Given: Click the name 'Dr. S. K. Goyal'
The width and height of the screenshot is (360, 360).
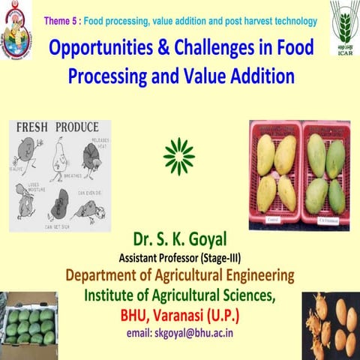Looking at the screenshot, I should coord(179,240).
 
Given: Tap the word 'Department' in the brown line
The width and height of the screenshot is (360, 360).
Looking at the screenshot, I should coord(105,274).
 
